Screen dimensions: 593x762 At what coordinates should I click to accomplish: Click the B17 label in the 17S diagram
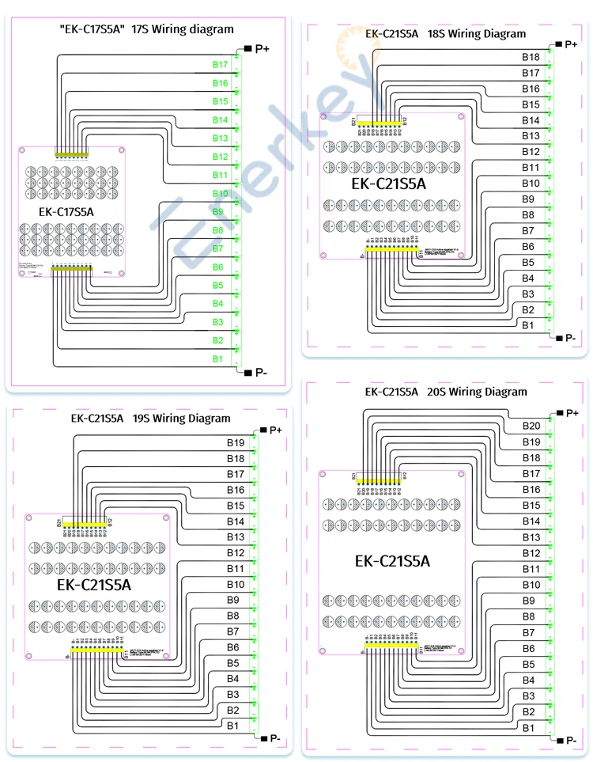220,64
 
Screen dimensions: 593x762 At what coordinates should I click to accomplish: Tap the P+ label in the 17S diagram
262,49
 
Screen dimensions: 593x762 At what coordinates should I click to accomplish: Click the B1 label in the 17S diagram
217,359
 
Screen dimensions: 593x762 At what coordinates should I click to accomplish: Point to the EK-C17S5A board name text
66,212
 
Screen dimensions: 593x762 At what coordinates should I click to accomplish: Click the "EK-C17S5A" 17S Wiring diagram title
146,29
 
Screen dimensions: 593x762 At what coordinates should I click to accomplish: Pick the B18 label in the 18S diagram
531,57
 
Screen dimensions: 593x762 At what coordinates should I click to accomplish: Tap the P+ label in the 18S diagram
571,44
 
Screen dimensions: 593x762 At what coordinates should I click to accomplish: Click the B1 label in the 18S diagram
528,325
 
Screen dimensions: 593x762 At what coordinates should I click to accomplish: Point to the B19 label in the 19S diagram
236,443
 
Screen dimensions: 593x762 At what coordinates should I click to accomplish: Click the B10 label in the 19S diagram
236,584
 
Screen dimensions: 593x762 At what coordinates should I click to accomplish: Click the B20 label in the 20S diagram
531,426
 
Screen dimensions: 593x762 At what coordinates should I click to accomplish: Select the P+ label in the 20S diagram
572,413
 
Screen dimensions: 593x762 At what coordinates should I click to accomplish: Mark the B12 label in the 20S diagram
531,553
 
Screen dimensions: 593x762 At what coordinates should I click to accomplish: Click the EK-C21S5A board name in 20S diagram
392,561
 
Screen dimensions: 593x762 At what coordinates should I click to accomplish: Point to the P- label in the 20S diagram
572,741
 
